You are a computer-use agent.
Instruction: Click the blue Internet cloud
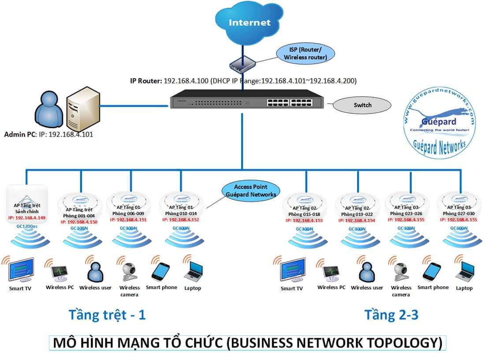[x=249, y=22]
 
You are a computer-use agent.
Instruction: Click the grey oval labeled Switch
[x=362, y=105]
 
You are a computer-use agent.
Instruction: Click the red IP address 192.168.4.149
[x=26, y=217]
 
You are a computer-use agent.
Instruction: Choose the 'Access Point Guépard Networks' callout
[x=250, y=191]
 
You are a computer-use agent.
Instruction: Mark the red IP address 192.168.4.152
[x=182, y=220]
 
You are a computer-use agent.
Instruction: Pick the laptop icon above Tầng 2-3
[x=464, y=270]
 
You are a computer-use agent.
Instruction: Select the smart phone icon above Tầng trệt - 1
[x=161, y=269]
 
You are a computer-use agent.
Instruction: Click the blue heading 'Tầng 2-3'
[x=391, y=315]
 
